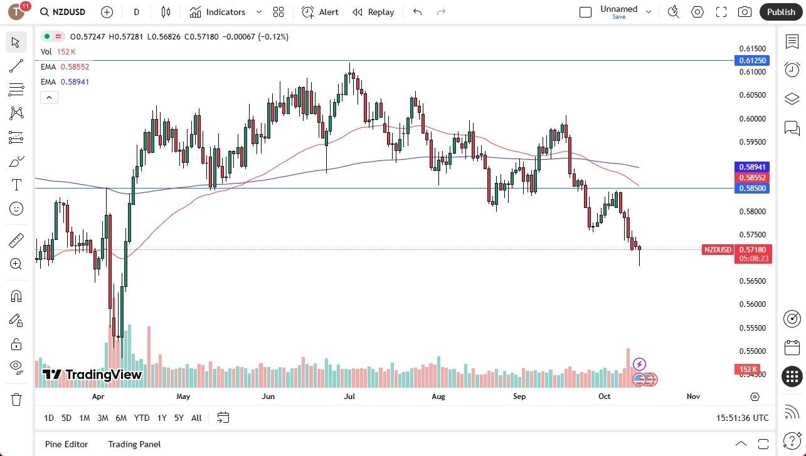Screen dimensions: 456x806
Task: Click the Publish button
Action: [x=781, y=12]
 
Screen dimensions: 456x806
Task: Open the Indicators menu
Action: [x=218, y=12]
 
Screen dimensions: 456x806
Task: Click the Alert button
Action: [x=320, y=12]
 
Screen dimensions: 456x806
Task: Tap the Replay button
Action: [x=373, y=12]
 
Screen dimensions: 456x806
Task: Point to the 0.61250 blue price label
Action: [x=752, y=61]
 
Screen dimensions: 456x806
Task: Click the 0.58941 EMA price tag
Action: [x=752, y=167]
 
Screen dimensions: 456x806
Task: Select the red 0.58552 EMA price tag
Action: [x=752, y=178]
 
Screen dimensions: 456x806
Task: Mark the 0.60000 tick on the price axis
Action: [x=752, y=119]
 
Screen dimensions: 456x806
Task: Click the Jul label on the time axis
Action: [x=349, y=396]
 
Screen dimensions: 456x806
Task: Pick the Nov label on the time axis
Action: [x=693, y=396]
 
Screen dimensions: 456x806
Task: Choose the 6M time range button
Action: [x=121, y=418]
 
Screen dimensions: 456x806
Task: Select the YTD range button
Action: [x=142, y=418]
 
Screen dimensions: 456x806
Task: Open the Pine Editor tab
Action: [x=66, y=444]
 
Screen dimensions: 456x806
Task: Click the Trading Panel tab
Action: [x=134, y=444]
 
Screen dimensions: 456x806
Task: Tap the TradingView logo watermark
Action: [x=92, y=375]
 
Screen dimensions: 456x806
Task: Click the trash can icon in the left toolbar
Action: [x=16, y=400]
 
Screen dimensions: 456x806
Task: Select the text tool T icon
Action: [x=16, y=185]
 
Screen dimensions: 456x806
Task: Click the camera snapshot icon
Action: [x=745, y=12]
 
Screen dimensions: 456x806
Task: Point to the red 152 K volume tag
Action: [x=748, y=370]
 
